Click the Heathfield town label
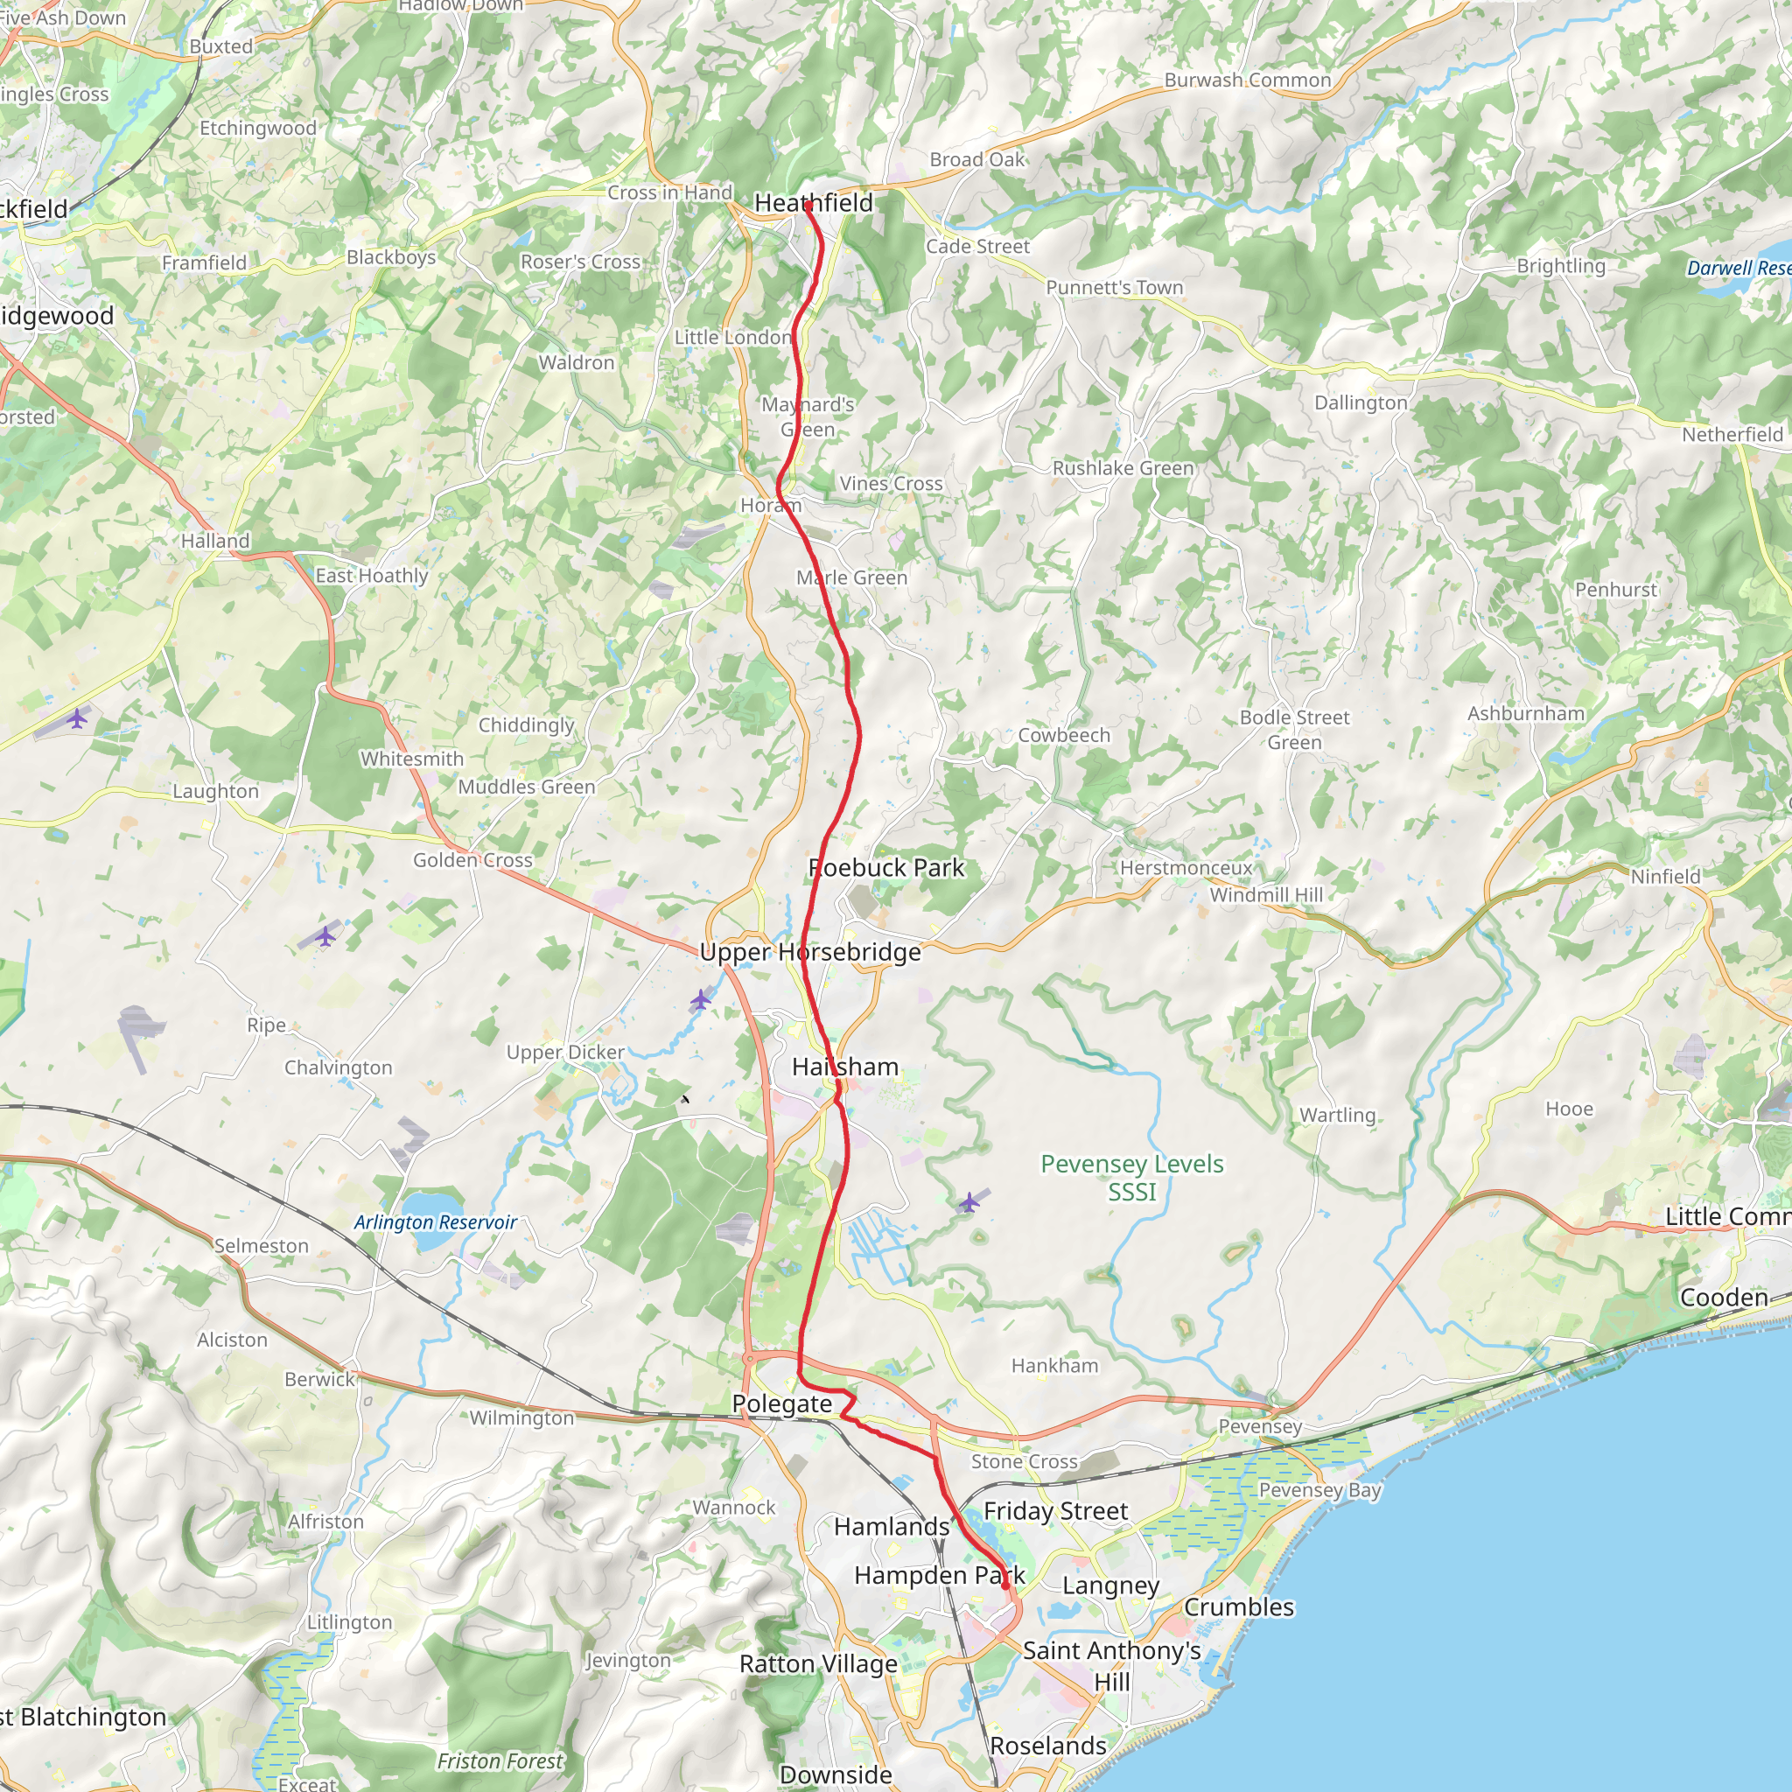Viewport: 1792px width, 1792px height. (814, 203)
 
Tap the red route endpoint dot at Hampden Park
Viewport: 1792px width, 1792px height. (1004, 1586)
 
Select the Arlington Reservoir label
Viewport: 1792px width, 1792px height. (435, 1222)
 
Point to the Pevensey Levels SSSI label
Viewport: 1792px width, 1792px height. (1131, 1177)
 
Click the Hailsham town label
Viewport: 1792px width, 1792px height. (845, 1067)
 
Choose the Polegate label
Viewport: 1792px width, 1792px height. (782, 1404)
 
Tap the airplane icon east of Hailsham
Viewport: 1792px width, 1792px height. (969, 1203)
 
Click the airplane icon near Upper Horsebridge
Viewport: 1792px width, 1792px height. (700, 1000)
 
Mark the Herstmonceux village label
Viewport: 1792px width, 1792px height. (1186, 868)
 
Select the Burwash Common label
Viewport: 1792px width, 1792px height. (1248, 80)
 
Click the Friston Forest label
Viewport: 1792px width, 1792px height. (500, 1760)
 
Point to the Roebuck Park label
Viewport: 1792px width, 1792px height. (886, 868)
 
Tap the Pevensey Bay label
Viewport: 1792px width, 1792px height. (1319, 1490)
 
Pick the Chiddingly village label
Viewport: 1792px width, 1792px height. (526, 725)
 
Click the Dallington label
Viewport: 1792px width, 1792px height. (1361, 402)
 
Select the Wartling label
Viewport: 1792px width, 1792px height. (1337, 1115)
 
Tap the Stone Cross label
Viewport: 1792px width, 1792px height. (1024, 1462)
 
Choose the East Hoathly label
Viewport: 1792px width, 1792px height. (372, 576)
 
